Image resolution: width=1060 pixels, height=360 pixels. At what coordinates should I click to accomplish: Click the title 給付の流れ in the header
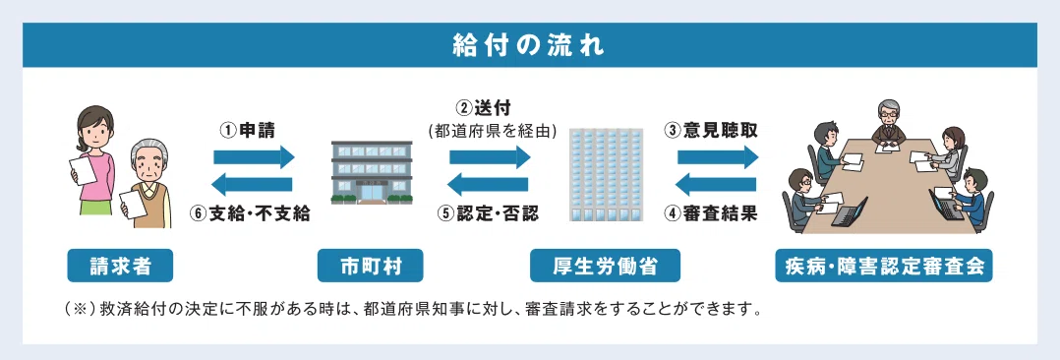[529, 46]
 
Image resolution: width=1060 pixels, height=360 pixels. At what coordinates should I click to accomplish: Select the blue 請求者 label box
[120, 266]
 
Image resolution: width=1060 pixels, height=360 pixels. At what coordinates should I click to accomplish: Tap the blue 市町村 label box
[371, 266]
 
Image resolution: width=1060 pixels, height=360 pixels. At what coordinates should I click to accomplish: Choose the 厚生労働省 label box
[605, 266]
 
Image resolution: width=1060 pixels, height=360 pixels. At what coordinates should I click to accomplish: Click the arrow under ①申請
[254, 157]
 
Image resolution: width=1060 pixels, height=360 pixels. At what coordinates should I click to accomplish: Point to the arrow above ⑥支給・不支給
[252, 183]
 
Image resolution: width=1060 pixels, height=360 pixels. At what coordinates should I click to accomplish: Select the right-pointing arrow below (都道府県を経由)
[490, 157]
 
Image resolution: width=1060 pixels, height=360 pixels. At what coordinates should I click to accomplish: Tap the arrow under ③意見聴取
[718, 157]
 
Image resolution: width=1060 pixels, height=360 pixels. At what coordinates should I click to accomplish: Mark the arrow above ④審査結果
[716, 183]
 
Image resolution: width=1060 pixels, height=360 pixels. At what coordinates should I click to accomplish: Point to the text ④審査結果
[710, 213]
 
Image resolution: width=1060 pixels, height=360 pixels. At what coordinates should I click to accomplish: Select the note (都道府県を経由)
[492, 131]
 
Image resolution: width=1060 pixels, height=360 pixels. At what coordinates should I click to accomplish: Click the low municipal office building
[371, 172]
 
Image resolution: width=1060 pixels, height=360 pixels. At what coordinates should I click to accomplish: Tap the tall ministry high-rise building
[605, 174]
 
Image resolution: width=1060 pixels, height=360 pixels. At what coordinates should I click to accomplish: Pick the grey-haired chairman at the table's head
[887, 123]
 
